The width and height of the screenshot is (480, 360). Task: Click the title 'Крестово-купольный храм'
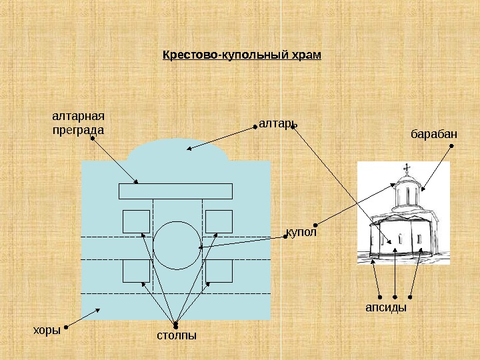[x=242, y=54]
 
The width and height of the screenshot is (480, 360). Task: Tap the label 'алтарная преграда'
[x=79, y=123]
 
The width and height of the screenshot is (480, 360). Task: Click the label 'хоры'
[x=47, y=329]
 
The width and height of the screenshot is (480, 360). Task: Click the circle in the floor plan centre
[x=177, y=245]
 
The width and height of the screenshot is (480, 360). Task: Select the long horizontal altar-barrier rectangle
[x=175, y=191]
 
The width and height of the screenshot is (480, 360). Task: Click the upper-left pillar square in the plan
[x=136, y=221]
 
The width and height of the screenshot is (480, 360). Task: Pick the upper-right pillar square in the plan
[x=219, y=221]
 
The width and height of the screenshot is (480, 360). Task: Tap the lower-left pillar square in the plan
[x=136, y=271]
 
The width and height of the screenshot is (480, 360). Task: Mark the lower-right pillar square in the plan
[x=219, y=271]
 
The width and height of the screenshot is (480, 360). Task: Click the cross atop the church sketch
[x=406, y=167]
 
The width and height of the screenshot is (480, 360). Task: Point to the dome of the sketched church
[x=406, y=181]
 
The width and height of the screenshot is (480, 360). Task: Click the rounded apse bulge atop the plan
[x=179, y=151]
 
